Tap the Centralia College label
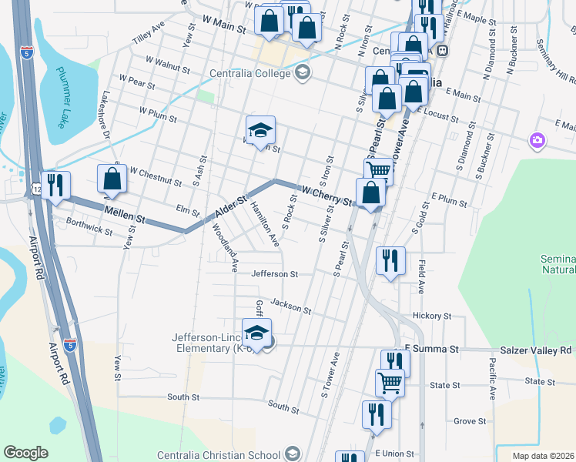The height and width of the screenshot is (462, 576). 251,73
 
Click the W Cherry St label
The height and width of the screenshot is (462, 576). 327,196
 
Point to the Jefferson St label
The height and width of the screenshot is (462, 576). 274,273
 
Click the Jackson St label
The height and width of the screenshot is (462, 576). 290,306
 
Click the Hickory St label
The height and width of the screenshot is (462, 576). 431,316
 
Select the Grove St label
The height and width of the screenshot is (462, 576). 469,421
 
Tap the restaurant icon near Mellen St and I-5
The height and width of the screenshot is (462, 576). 55,185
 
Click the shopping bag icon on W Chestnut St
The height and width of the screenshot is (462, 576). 112,178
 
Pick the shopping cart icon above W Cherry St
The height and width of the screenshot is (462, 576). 378,170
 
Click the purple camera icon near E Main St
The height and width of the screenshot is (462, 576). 537,141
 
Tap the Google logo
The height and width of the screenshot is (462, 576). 25,453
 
